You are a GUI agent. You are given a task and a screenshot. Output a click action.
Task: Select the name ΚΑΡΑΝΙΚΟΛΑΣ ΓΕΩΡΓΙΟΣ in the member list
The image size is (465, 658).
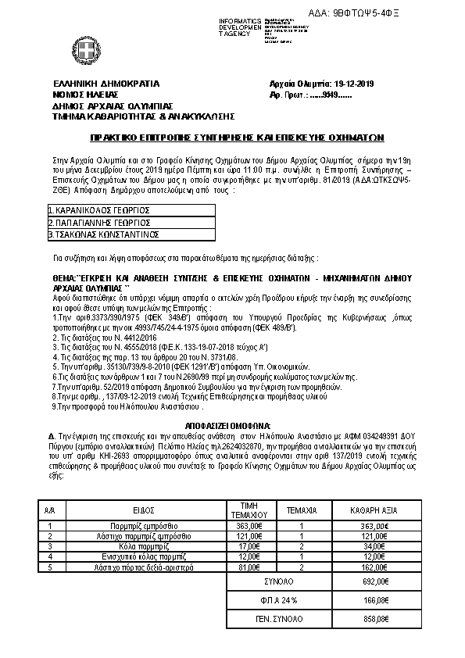100,210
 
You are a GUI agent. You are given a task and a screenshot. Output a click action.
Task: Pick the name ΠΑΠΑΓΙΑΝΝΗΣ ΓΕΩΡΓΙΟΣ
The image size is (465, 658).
100,222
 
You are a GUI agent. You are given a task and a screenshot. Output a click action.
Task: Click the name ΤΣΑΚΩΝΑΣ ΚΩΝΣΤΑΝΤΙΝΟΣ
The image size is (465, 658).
104,234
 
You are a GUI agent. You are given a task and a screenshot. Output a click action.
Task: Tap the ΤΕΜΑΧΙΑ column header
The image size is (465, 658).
302,509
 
